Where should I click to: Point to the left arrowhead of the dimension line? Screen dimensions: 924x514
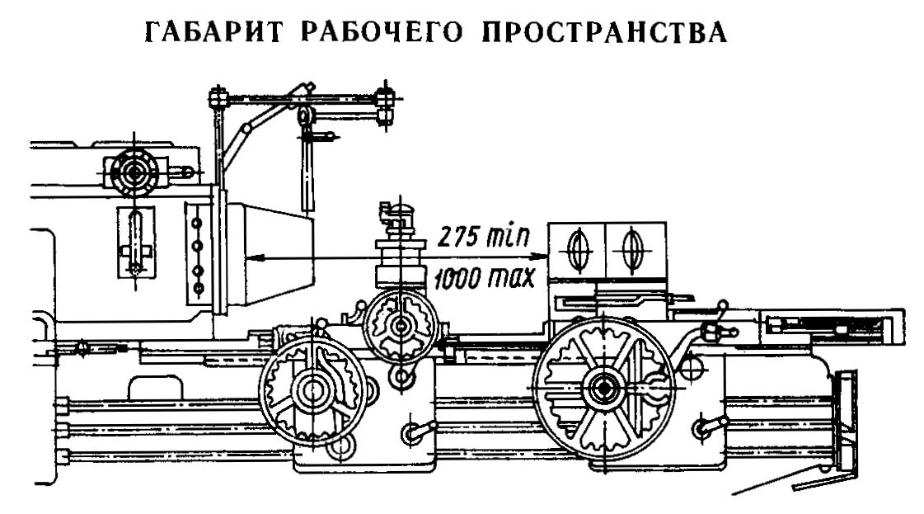point(250,258)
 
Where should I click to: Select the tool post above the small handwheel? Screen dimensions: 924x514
point(396,248)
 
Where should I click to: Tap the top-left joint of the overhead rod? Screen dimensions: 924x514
point(218,97)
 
